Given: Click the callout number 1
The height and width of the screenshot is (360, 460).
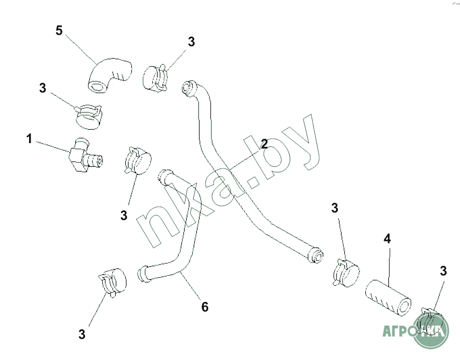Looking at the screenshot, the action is coord(30,139).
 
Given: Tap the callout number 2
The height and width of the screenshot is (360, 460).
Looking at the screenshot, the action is coord(264,144).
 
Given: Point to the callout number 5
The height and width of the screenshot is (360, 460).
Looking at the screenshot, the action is coord(59,30).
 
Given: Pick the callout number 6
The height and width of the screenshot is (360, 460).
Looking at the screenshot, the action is coord(204,307).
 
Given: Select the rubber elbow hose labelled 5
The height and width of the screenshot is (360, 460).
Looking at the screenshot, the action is coord(110,75).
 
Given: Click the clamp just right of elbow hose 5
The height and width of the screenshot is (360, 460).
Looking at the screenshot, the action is coord(156,76).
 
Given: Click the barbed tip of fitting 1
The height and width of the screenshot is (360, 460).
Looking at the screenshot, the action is coord(97,160).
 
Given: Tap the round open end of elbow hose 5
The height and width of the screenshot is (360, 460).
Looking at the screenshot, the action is coord(97,85).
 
